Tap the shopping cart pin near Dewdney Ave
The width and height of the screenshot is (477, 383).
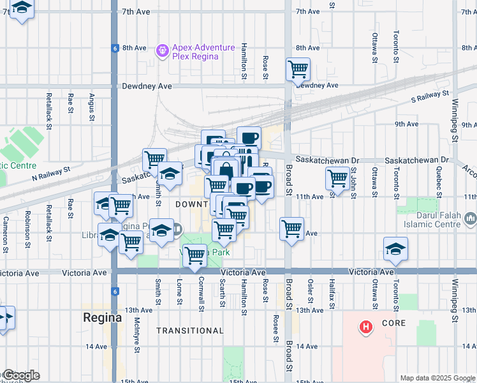tap(298, 68)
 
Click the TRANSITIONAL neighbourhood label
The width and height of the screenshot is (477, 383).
tap(190, 331)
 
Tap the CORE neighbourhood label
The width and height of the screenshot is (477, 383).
tap(393, 324)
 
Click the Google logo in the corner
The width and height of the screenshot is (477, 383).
tap(20, 375)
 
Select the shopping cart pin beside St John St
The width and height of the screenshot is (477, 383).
tap(337, 178)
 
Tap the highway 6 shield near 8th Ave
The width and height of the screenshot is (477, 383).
tap(114, 48)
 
